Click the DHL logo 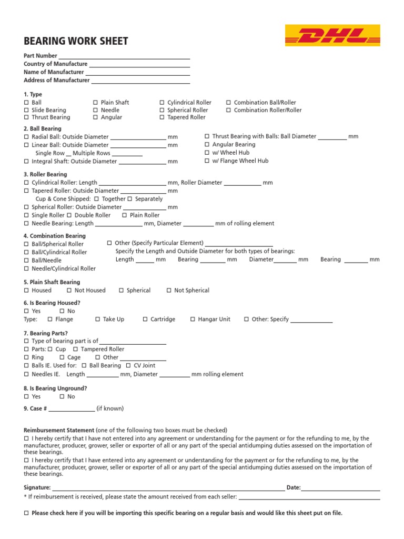332,36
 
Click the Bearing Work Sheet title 76,42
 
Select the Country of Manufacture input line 139,65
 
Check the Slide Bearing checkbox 26,111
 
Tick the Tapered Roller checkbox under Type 162,118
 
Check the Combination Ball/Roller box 229,103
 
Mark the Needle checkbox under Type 95,111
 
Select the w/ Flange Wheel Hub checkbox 207,161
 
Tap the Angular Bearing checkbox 207,145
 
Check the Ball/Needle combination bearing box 26,261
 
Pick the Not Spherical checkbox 169,291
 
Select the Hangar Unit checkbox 193,320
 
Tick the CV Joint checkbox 129,366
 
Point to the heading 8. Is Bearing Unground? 55,388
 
